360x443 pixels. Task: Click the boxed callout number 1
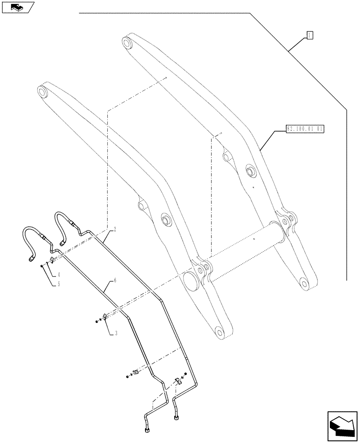pyautogui.click(x=310, y=35)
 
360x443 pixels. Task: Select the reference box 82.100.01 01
pyautogui.click(x=306, y=129)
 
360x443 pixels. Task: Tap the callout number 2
pyautogui.click(x=115, y=229)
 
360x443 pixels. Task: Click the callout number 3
pyautogui.click(x=116, y=333)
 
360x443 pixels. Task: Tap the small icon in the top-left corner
pyautogui.click(x=17, y=7)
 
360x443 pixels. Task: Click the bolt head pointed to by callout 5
pyautogui.click(x=41, y=266)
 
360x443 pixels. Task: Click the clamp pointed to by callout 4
pyautogui.click(x=51, y=259)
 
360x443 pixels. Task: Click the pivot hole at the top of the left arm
pyautogui.click(x=43, y=93)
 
